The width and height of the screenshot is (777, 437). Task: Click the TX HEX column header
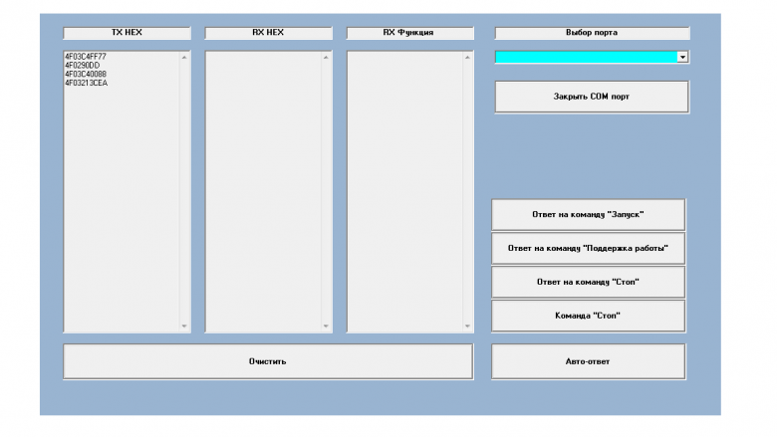coord(127,33)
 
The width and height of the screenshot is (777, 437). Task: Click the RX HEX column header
coord(268,33)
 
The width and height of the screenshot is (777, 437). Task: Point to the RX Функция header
coord(408,33)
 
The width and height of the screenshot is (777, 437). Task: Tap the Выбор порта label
coord(592,33)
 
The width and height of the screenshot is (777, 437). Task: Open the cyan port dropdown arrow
coord(682,58)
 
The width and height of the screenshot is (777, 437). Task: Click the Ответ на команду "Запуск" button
coord(588,214)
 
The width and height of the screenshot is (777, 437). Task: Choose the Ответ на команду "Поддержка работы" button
coord(588,248)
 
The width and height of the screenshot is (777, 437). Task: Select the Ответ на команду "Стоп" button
coord(588,282)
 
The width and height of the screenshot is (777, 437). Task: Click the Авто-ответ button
coord(588,361)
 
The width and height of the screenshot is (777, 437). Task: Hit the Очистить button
coord(268,361)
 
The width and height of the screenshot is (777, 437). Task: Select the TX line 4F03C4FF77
coord(86,57)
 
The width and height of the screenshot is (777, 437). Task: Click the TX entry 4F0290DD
coord(83,66)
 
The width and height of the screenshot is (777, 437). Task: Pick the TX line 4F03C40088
coord(86,75)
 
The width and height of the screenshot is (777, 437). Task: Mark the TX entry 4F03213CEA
coord(87,84)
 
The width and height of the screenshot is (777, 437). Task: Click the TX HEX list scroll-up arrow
coord(183,57)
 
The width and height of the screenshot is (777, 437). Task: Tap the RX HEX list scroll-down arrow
coord(326,326)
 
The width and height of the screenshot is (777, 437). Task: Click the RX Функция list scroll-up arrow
coord(466,57)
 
